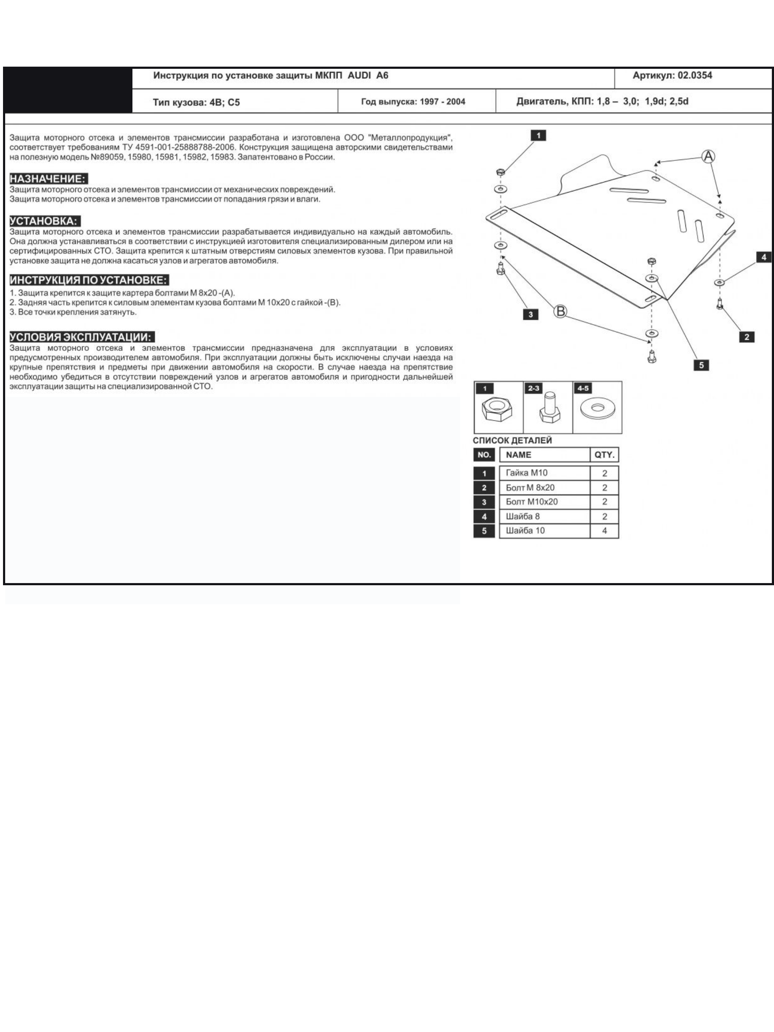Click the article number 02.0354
(695, 76)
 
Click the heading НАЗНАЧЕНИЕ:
(48, 179)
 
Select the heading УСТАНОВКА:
(45, 221)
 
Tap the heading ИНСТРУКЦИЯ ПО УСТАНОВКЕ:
(89, 280)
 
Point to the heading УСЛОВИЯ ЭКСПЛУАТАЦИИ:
(82, 337)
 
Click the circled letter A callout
(708, 157)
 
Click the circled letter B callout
(560, 311)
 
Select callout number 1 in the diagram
(538, 136)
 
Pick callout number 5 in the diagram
(701, 365)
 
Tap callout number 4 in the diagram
(764, 257)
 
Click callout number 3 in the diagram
(531, 314)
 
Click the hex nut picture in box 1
(498, 410)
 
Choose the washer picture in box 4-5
(597, 408)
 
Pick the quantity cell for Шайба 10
(605, 531)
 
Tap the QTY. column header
(605, 455)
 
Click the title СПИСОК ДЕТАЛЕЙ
(512, 440)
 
